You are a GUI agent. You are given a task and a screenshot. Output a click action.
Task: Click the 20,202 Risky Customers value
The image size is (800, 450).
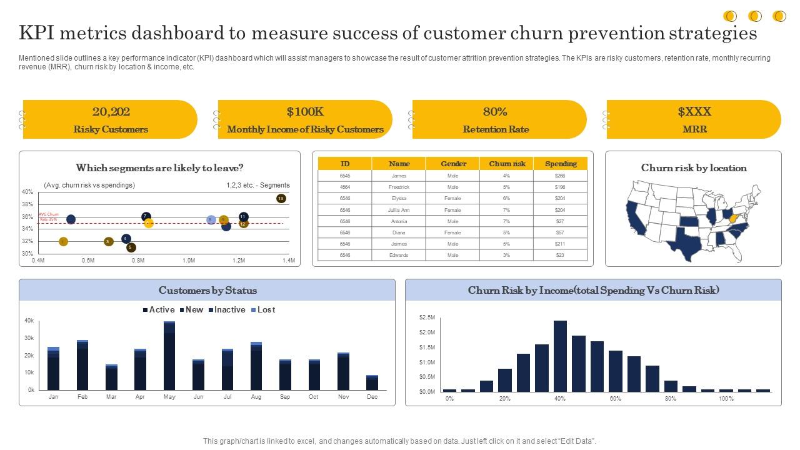click(111, 112)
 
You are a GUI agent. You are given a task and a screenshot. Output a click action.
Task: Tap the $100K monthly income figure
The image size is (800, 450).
click(305, 112)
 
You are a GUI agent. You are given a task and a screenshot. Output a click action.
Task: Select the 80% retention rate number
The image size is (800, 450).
click(495, 112)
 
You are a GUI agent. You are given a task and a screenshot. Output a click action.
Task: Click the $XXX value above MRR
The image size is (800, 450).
click(694, 112)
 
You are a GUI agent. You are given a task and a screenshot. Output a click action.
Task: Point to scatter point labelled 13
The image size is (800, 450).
click(281, 198)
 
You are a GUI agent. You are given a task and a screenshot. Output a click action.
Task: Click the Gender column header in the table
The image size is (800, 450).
click(453, 164)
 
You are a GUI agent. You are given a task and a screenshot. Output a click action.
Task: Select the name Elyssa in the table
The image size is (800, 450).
click(399, 198)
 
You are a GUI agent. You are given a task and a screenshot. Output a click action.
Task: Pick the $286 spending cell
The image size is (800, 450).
click(559, 176)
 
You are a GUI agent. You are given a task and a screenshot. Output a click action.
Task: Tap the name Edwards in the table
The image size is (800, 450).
click(399, 255)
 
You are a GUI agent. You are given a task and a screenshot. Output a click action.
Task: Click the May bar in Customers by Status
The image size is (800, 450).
click(169, 356)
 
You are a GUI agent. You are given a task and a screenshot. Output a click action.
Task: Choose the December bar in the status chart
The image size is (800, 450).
click(372, 382)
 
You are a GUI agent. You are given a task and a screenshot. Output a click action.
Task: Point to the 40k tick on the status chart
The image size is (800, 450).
click(29, 321)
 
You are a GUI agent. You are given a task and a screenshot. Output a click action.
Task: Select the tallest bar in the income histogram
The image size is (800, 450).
click(560, 356)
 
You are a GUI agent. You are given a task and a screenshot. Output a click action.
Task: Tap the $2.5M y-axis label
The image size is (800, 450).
click(427, 317)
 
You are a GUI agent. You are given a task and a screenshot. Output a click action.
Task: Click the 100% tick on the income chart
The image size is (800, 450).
click(726, 399)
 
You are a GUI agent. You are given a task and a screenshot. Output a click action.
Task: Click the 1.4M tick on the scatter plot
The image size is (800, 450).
click(288, 261)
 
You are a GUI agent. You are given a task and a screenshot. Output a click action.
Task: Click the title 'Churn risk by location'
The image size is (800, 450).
click(694, 168)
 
